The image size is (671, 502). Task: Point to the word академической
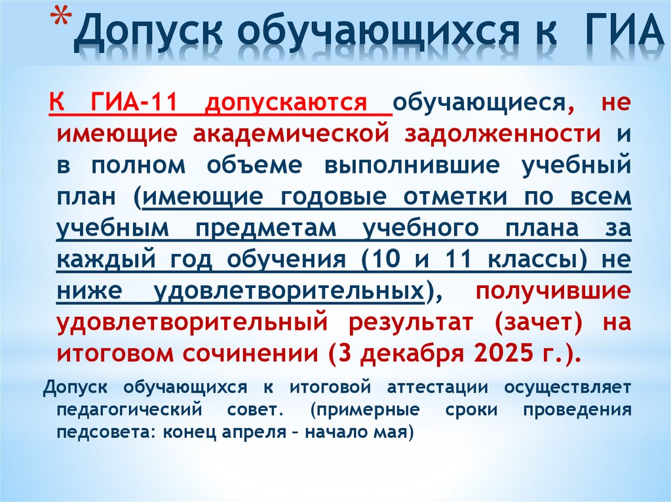coord(288,134)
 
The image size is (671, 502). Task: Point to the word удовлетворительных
coord(289,291)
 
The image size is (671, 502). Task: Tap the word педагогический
coord(125,410)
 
